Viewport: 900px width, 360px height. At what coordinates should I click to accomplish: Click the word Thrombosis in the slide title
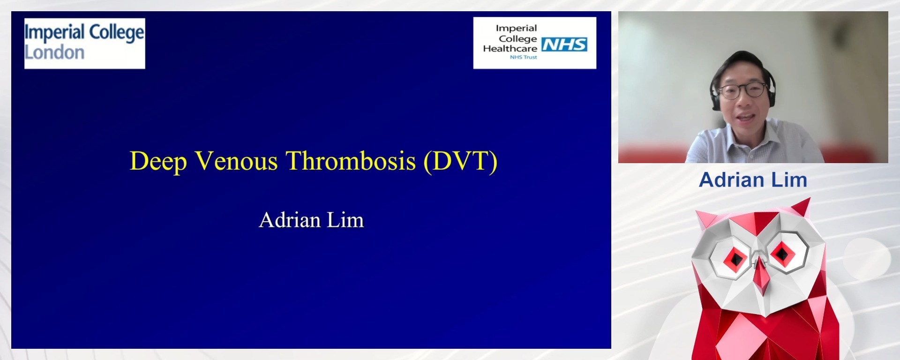click(x=351, y=161)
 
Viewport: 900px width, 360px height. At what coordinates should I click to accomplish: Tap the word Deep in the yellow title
click(x=158, y=162)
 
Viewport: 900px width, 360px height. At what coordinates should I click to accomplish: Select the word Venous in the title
click(x=236, y=161)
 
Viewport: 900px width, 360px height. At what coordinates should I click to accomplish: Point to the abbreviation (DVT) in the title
click(x=460, y=161)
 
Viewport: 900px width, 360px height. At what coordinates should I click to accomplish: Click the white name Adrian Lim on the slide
click(x=311, y=220)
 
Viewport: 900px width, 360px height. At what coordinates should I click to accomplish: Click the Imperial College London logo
click(x=84, y=43)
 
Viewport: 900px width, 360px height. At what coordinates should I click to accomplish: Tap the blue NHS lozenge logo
click(x=564, y=45)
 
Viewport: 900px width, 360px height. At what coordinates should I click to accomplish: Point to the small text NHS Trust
click(x=524, y=57)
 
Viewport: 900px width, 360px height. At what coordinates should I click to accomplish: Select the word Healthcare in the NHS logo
click(x=510, y=49)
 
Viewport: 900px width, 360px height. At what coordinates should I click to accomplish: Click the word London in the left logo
click(x=54, y=53)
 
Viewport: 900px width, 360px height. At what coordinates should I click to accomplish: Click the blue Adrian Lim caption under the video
click(x=753, y=180)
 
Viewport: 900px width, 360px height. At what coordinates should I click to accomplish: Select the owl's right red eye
click(x=782, y=254)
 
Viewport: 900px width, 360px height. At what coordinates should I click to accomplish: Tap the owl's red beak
click(x=760, y=277)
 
